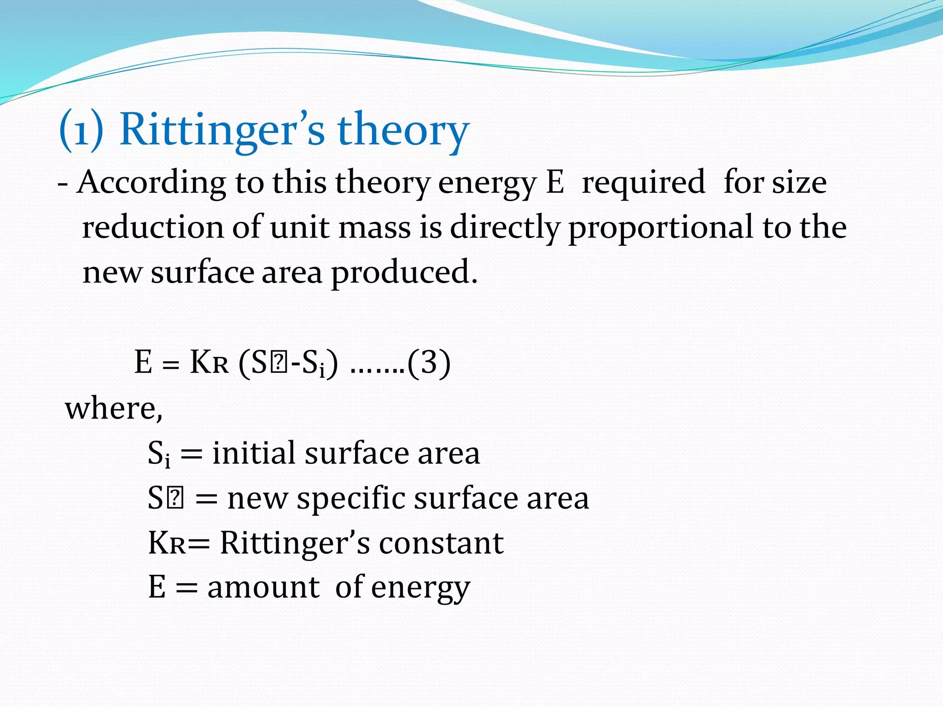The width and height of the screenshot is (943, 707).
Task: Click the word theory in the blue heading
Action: (x=403, y=130)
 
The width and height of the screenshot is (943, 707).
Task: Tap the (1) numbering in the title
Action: (x=81, y=130)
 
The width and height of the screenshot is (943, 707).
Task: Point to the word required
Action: (x=643, y=182)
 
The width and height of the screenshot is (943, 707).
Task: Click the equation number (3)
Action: (x=429, y=363)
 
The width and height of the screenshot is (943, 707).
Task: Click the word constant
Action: (x=441, y=543)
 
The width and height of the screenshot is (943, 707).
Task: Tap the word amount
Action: (x=263, y=588)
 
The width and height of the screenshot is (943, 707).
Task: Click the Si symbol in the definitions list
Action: (x=159, y=453)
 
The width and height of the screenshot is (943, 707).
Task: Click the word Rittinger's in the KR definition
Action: (x=295, y=543)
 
